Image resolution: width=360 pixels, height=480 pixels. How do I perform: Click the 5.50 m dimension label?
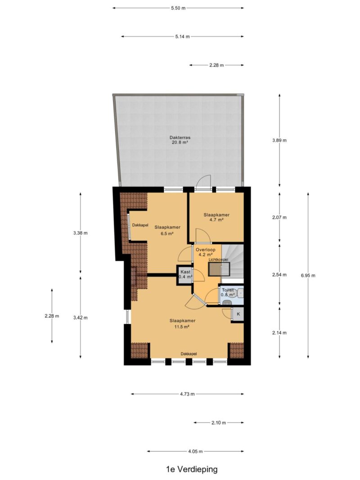click(178, 8)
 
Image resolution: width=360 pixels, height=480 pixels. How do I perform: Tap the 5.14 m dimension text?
click(182, 36)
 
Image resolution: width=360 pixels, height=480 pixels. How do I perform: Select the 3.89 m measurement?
click(279, 140)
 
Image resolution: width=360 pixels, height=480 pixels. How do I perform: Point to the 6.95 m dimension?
click(308, 275)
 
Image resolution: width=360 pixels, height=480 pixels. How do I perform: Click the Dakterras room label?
click(180, 140)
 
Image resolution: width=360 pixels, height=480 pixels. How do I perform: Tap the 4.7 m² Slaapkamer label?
click(216, 217)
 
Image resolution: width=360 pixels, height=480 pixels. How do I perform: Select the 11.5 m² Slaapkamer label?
click(182, 323)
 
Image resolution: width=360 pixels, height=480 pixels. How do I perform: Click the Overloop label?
click(205, 250)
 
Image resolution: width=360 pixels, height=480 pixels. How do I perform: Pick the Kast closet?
click(185, 274)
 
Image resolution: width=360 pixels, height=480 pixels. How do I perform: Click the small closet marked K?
click(238, 314)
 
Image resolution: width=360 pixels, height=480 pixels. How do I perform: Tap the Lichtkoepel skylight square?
click(219, 269)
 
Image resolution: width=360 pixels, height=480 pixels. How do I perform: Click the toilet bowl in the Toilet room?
click(227, 302)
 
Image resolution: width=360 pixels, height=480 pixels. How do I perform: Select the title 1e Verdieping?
click(192, 469)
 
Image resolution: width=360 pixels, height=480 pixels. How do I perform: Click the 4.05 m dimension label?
click(195, 451)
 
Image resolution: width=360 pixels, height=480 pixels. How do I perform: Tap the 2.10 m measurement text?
click(219, 423)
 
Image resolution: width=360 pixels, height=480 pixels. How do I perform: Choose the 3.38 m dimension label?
click(80, 233)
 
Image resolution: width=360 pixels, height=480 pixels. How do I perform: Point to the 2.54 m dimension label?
click(279, 274)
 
